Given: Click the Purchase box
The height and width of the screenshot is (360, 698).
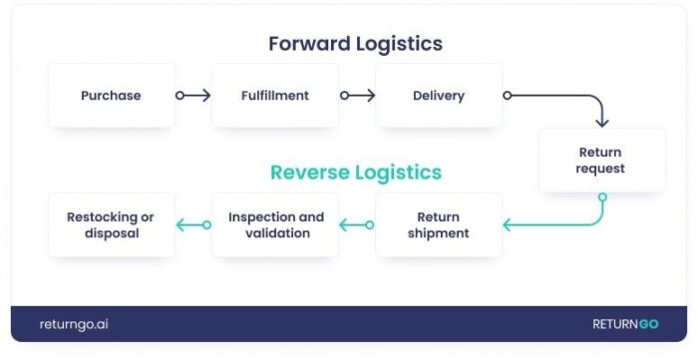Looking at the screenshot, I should coord(111,96).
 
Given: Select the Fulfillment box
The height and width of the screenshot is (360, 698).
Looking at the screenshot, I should coord(274,96).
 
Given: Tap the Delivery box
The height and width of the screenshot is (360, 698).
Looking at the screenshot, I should coord(438,96).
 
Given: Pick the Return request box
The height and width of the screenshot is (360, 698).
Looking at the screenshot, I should coord(601,161).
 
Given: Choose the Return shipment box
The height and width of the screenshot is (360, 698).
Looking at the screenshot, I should coord(438,225).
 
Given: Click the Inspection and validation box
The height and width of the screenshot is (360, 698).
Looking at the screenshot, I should coord(275,225).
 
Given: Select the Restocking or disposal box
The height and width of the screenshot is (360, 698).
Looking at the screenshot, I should coord(111,225).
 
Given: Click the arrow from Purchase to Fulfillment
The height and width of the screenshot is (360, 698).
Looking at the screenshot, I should coord(193,96).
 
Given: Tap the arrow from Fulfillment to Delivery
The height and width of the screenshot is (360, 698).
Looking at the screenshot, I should coord(357,96).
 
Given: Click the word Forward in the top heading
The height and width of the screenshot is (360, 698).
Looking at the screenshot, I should coord(309,44).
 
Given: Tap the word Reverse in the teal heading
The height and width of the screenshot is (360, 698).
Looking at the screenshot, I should coord(311,173).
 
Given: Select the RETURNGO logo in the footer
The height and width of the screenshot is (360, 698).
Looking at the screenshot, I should coord(625,324).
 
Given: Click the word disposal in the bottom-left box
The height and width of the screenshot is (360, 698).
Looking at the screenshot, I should coord(111,233).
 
